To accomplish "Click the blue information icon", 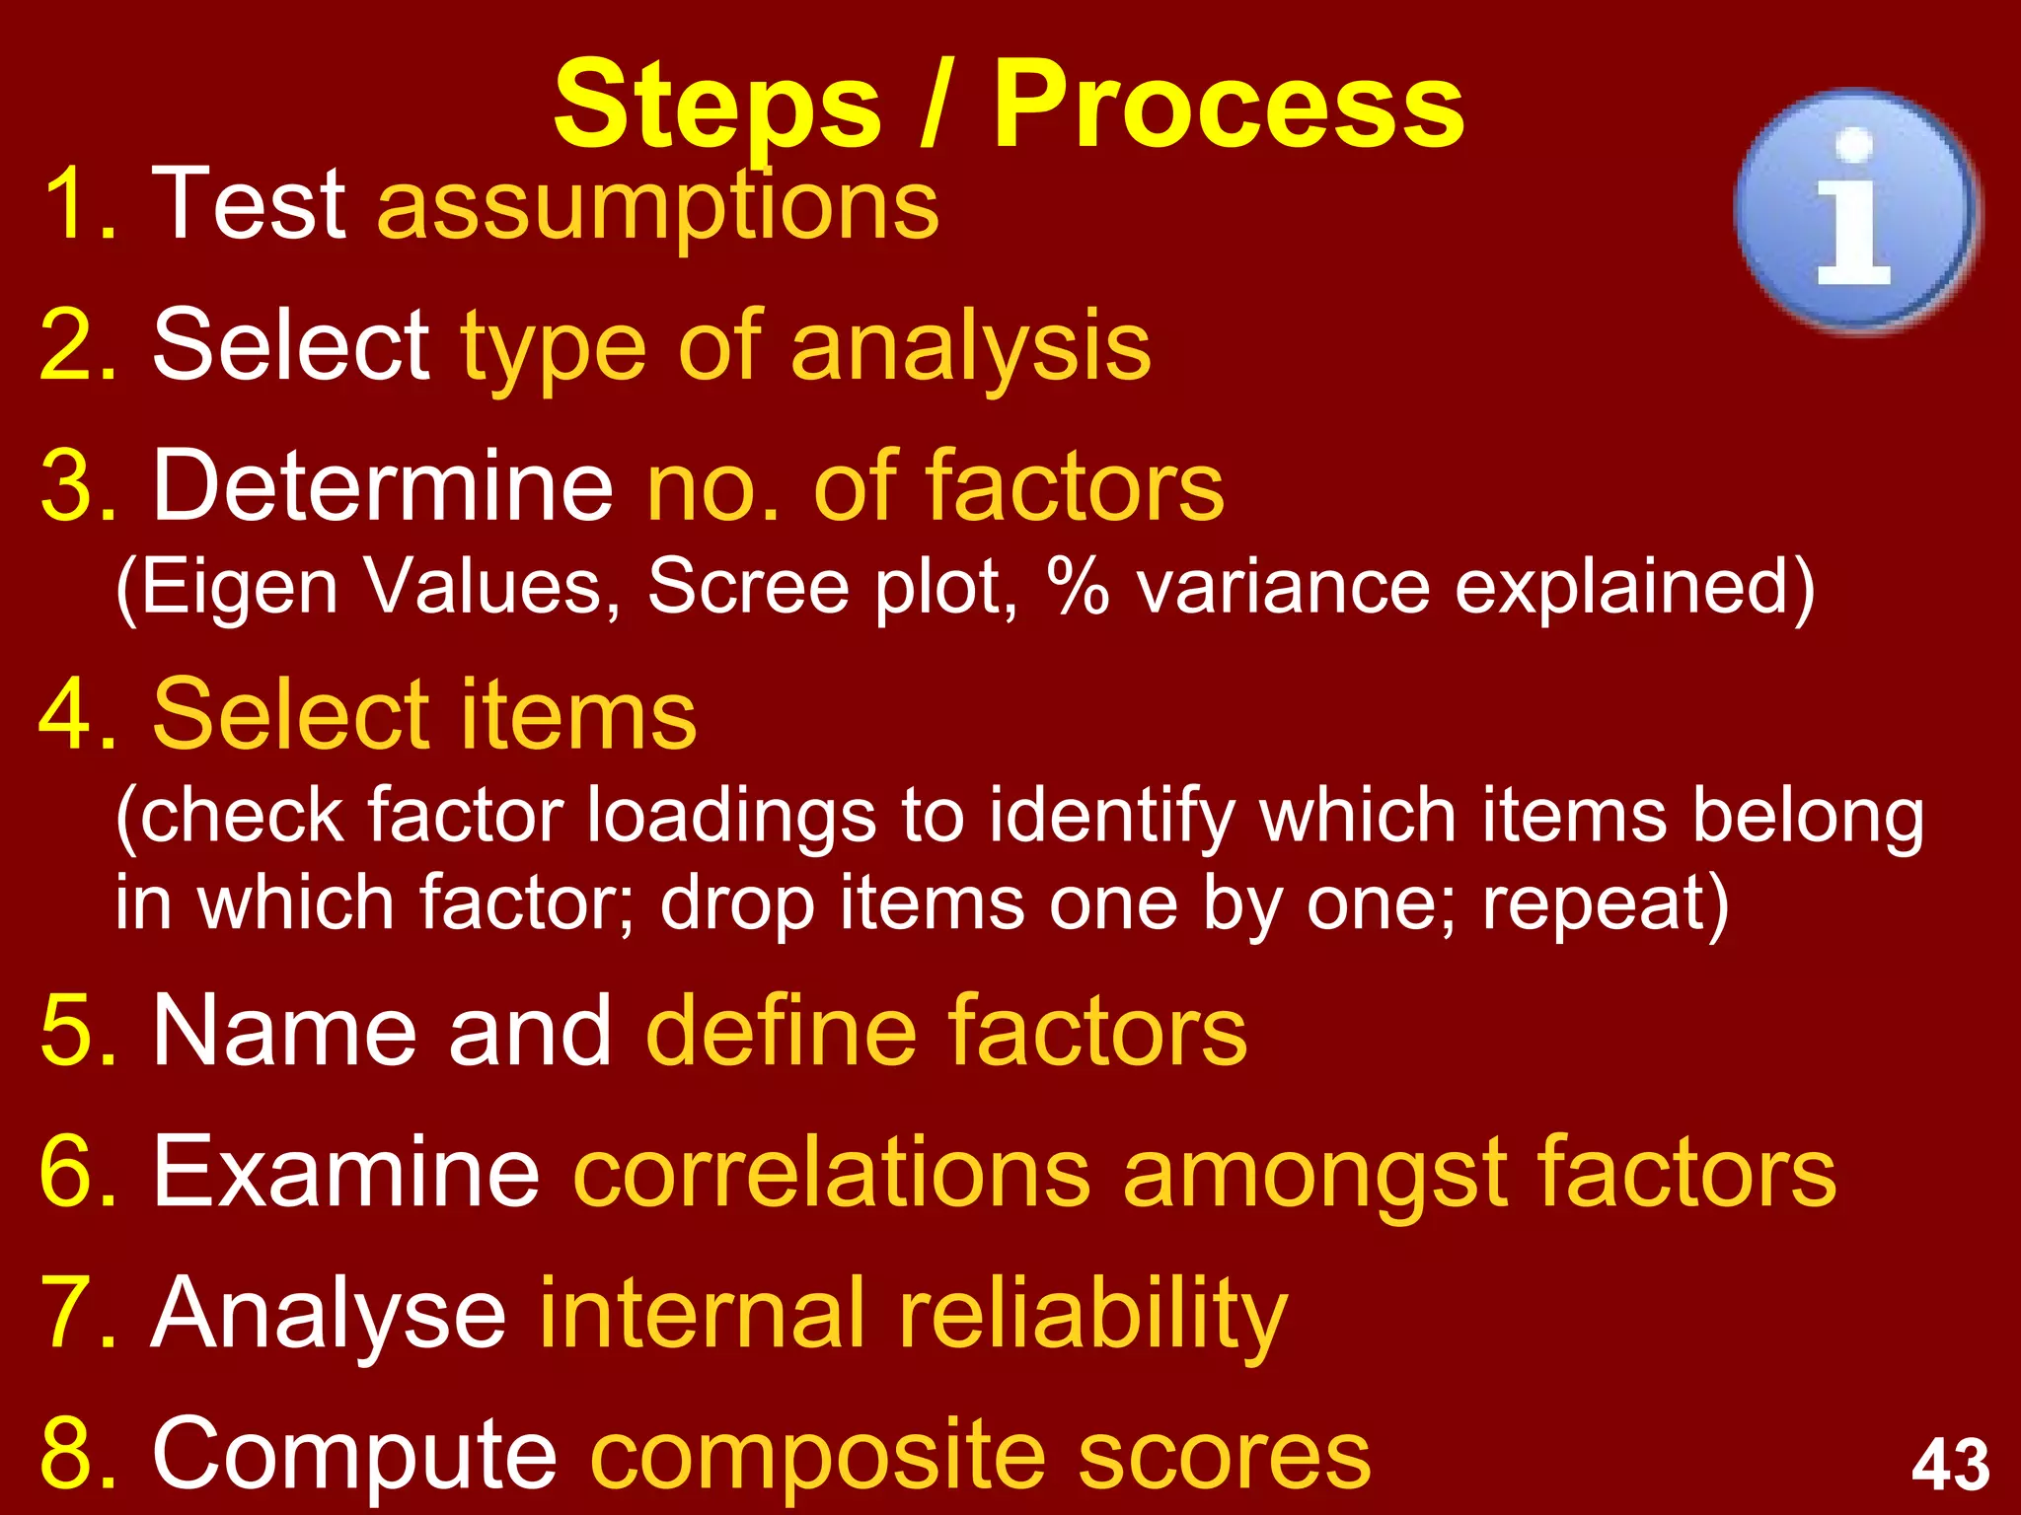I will click(x=1855, y=210).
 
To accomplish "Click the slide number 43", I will click(x=1950, y=1464).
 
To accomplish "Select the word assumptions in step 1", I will click(x=658, y=206).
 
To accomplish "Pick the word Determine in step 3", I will click(x=383, y=485).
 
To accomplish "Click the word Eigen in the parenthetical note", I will click(x=237, y=588).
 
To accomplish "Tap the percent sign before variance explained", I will click(x=1079, y=586).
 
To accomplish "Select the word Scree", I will click(x=748, y=588).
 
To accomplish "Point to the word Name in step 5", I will click(x=284, y=1032).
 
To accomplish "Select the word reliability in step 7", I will click(x=1091, y=1315).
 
